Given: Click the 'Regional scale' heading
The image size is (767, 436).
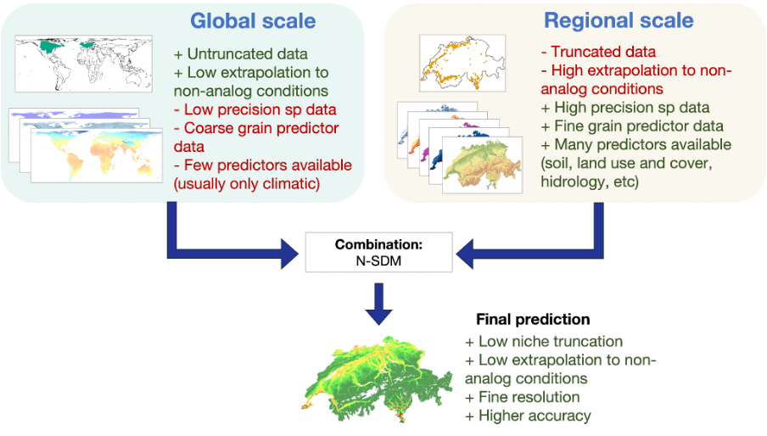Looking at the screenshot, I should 619,20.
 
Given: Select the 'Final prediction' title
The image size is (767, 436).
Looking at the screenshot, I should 532,320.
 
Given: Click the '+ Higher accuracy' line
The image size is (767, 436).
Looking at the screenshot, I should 529,416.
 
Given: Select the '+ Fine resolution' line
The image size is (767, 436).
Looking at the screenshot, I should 523,397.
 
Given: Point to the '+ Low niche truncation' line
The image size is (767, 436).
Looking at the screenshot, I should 544,342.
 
